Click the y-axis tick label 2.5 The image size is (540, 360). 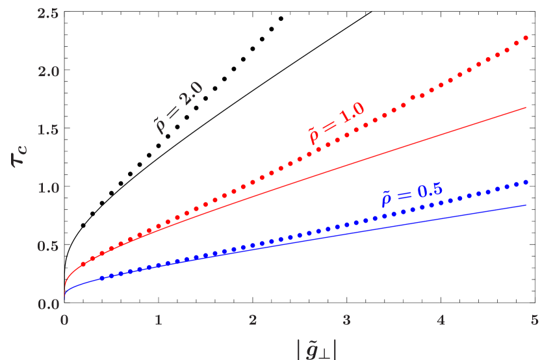48,12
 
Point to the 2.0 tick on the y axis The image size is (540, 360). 48,71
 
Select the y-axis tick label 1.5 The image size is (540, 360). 48,129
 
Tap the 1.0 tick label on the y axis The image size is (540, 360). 48,188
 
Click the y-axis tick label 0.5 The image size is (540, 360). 48,246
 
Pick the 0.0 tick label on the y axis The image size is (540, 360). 48,305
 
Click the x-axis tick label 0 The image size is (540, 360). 64,320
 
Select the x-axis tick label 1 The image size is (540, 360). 158,320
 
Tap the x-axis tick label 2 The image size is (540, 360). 252,320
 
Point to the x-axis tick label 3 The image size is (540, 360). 346,320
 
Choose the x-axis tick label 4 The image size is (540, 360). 441,320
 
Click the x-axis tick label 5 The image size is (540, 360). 534,320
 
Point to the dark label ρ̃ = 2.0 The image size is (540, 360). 178,108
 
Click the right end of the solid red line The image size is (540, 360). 526,107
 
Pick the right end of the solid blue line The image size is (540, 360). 526,205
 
